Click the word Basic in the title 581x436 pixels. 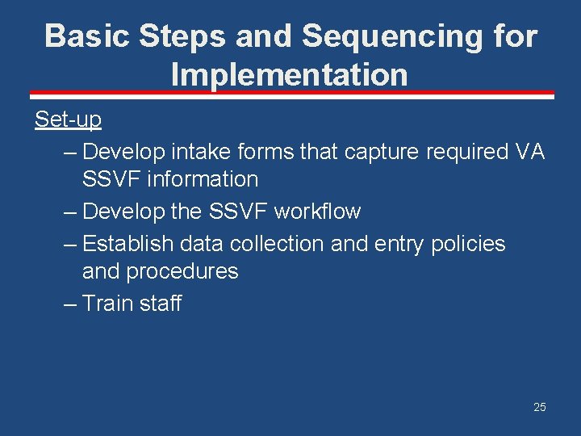(88, 36)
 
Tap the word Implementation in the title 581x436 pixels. (290, 75)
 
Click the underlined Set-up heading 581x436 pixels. (68, 119)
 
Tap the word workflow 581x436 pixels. (317, 212)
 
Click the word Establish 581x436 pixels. (128, 244)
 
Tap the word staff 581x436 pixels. (161, 304)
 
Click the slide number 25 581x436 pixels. (539, 407)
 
